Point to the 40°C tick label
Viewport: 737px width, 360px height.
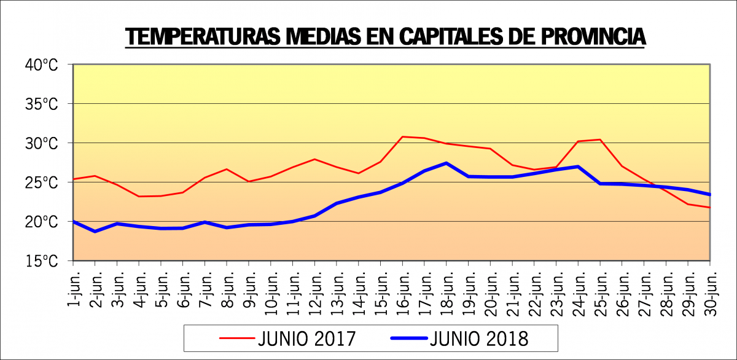[41, 65]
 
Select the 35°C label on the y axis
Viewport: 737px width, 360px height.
[41, 104]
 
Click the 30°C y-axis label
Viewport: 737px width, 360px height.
[41, 143]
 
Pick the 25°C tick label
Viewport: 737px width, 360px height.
[41, 182]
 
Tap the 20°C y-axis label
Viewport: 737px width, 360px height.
[41, 222]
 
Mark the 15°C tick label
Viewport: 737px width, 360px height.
[41, 261]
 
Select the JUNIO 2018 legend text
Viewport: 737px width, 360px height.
[480, 338]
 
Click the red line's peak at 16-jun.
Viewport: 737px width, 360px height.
[402, 136]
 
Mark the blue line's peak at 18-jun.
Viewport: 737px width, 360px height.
[446, 163]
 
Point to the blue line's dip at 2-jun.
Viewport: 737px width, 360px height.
[95, 231]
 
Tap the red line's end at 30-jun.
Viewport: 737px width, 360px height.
[710, 208]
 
